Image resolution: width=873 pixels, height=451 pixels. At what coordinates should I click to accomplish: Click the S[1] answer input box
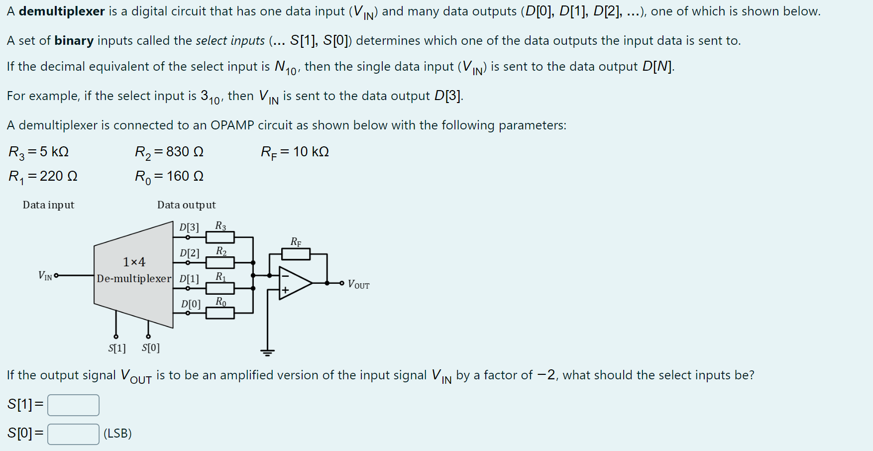click(x=73, y=405)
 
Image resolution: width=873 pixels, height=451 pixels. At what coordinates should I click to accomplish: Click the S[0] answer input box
click(x=73, y=434)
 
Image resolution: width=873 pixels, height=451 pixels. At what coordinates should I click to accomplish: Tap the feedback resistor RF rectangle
click(x=296, y=254)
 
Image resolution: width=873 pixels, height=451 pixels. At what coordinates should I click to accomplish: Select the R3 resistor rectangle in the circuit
click(x=220, y=237)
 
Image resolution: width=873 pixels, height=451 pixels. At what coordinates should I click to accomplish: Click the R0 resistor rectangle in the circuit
click(x=220, y=313)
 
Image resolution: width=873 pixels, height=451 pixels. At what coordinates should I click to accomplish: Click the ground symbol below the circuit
click(x=267, y=353)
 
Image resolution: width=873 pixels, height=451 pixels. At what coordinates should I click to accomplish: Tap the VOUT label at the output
click(x=358, y=285)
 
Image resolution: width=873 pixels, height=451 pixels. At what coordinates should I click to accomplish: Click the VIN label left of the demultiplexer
click(x=45, y=275)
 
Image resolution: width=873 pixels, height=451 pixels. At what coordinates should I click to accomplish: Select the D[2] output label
click(x=189, y=253)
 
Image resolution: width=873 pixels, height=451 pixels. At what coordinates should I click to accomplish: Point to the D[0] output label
click(x=191, y=304)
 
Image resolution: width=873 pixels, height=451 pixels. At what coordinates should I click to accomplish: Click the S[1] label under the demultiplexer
click(x=117, y=348)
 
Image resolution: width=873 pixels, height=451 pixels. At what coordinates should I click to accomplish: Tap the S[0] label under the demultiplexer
click(x=151, y=348)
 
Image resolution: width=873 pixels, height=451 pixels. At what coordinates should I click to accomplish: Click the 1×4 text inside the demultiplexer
click(x=134, y=262)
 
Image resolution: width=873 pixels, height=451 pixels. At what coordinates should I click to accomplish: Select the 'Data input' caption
click(x=48, y=205)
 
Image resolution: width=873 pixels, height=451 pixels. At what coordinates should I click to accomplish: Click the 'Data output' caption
click(x=186, y=205)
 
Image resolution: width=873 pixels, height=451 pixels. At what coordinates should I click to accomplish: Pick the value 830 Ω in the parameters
click(x=185, y=152)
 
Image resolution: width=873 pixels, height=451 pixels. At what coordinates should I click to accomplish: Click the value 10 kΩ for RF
click(x=311, y=152)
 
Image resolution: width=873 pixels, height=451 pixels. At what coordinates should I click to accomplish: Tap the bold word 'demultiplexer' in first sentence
click(x=62, y=11)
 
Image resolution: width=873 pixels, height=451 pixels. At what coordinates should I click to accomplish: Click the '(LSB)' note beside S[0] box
click(x=117, y=434)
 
